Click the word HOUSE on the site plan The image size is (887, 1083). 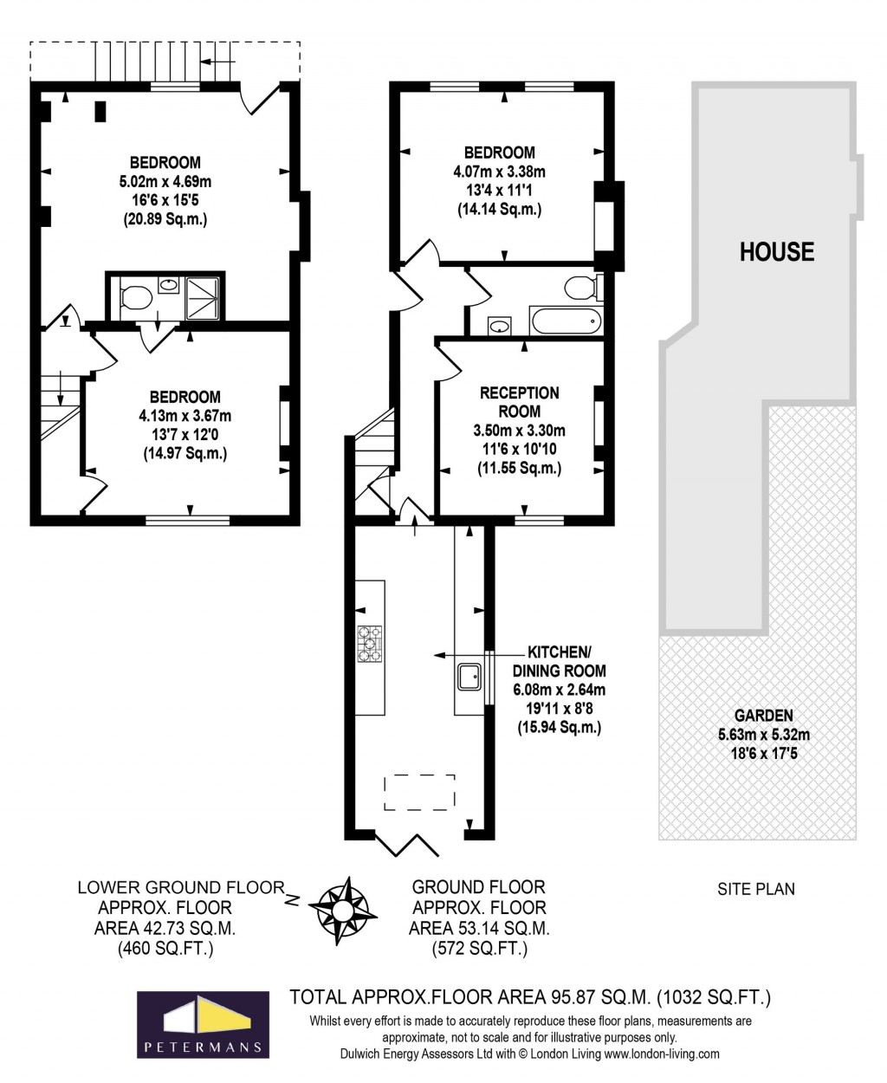(776, 252)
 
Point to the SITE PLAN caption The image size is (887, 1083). (756, 889)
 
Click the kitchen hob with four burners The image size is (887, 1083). (370, 644)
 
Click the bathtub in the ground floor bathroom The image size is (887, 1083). (566, 322)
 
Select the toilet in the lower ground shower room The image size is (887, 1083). (134, 298)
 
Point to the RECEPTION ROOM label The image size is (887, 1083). (520, 402)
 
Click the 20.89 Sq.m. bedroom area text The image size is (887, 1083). (165, 220)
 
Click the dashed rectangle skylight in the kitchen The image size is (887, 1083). (419, 792)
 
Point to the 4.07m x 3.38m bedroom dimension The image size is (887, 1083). (499, 172)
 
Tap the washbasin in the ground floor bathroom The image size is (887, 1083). (499, 326)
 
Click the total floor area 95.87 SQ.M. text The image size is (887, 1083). (529, 997)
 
